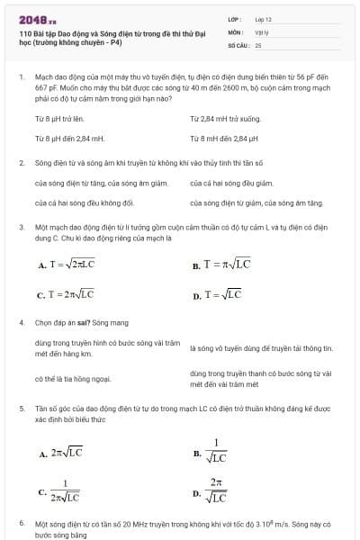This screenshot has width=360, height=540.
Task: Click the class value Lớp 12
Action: pyautogui.click(x=263, y=19)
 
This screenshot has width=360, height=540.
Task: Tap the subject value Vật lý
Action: pyautogui.click(x=261, y=31)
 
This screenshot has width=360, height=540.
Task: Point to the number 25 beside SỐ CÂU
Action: pyautogui.click(x=258, y=44)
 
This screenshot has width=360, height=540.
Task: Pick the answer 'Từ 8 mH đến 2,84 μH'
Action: pyautogui.click(x=224, y=139)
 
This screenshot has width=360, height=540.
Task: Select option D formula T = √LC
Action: pyautogui.click(x=224, y=294)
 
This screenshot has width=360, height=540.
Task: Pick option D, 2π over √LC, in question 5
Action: pyautogui.click(x=217, y=490)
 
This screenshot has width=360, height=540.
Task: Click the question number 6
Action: pyautogui.click(x=21, y=522)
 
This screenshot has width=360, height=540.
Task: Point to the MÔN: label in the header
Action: pyautogui.click(x=235, y=31)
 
